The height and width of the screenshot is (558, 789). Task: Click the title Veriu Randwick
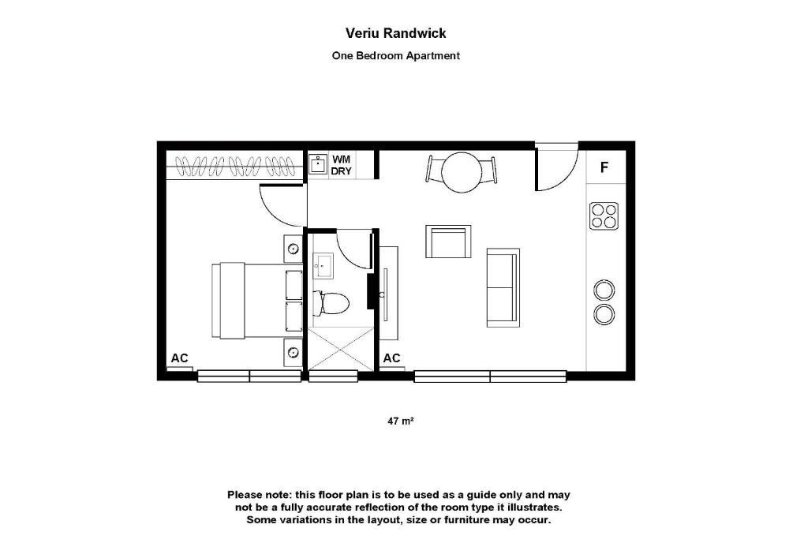(395, 33)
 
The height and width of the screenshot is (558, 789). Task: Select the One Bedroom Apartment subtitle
(395, 56)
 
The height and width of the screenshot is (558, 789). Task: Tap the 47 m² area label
(401, 421)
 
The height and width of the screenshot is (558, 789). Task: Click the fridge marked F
(605, 167)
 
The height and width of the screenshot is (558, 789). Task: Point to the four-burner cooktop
(604, 215)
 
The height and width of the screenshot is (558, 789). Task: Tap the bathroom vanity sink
(323, 266)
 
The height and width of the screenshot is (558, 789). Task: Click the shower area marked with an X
(340, 349)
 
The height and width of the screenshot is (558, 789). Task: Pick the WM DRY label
(341, 166)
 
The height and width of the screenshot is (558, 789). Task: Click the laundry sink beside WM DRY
(318, 164)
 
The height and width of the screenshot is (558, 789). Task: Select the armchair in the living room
(448, 242)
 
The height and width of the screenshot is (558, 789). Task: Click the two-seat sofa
(503, 287)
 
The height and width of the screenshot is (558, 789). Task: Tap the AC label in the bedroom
(180, 358)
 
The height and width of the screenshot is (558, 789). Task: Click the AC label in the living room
(391, 358)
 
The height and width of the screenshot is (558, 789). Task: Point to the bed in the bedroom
(257, 301)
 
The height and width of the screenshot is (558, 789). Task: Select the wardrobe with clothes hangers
(235, 166)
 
